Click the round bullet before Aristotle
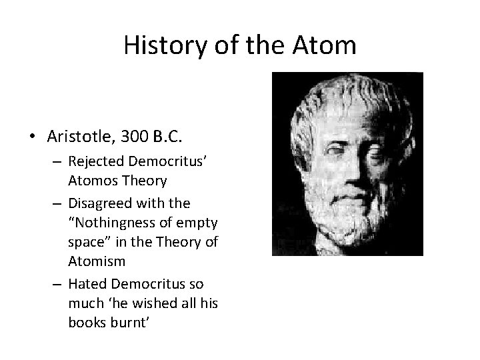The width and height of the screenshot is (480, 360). coord(32,137)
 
